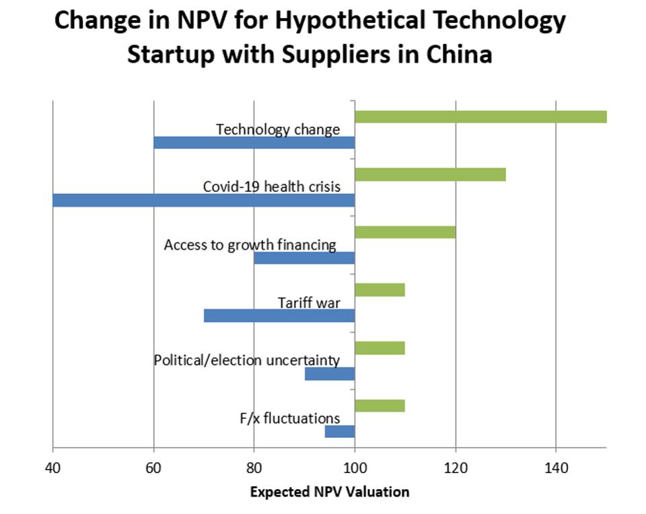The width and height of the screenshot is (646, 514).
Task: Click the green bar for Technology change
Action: (480, 117)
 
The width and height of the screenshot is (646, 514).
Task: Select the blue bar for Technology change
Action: (254, 142)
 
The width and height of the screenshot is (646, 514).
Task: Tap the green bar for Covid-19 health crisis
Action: (430, 174)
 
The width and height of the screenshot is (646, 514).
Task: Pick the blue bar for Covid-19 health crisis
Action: (203, 200)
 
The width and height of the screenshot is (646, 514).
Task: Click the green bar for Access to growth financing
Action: (405, 232)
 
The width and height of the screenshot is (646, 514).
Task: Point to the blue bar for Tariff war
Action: (279, 315)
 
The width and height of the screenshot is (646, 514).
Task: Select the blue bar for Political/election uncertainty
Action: (330, 373)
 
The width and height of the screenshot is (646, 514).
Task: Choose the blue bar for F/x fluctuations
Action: (340, 431)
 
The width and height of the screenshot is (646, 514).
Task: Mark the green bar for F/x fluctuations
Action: (380, 406)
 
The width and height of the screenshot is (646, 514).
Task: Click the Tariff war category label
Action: (309, 302)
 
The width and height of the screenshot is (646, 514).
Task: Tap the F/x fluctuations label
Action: (289, 418)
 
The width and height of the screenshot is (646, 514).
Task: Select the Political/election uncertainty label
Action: (246, 360)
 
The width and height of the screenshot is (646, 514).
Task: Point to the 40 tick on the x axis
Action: (52, 466)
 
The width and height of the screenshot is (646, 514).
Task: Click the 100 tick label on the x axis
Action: (355, 466)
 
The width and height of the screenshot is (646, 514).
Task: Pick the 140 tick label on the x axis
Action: (556, 466)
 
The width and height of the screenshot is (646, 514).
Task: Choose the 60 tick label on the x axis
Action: (153, 466)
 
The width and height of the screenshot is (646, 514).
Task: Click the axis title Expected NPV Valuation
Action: (329, 492)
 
